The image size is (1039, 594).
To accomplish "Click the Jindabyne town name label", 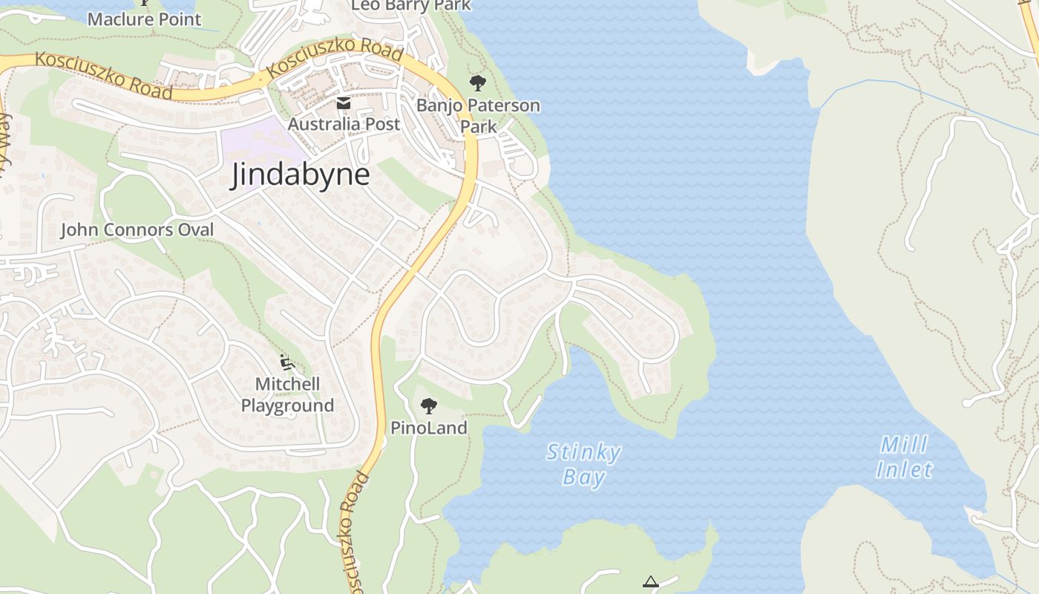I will [x=300, y=175].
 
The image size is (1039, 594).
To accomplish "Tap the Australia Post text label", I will [x=344, y=124].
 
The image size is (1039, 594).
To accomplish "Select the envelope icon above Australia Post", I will [x=344, y=103].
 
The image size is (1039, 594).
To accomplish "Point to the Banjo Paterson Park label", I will [x=478, y=115].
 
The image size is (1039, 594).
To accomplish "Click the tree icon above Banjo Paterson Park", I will [x=478, y=83].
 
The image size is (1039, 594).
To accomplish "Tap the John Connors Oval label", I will [x=137, y=230].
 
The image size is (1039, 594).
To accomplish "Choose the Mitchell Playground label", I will [x=287, y=394].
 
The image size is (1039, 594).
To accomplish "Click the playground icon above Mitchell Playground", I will [x=287, y=362].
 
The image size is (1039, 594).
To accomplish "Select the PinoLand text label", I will [x=429, y=428].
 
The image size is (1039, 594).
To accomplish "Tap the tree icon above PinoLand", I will [x=428, y=405].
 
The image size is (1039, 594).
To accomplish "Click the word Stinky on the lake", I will [x=583, y=452].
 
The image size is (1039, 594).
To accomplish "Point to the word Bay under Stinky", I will [x=583, y=477].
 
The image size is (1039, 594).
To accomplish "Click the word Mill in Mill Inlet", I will [x=904, y=446].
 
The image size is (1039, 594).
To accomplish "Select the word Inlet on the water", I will [x=904, y=470].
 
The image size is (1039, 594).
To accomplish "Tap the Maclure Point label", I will [x=144, y=19].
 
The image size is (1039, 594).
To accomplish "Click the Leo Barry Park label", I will [x=410, y=6].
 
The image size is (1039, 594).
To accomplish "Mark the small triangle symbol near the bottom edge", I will [x=651, y=581].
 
